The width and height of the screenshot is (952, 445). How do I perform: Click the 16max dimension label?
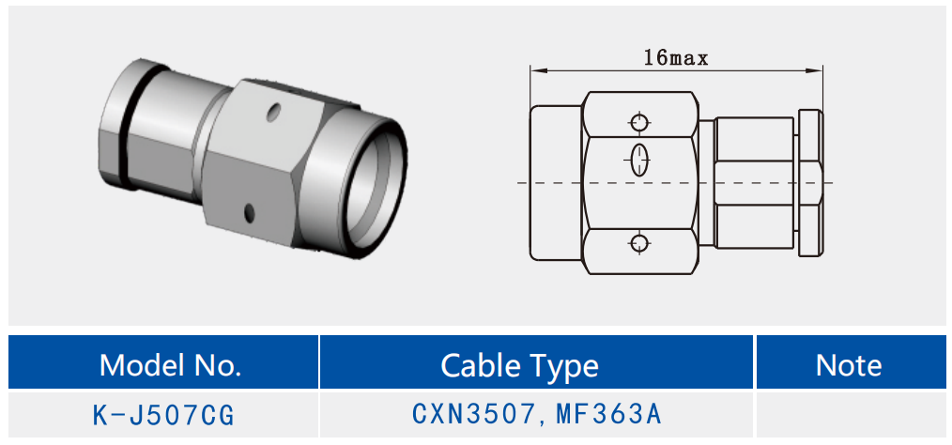point(676,58)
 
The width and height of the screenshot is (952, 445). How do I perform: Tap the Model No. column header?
point(170,365)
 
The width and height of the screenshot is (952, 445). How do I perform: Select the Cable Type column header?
point(519,365)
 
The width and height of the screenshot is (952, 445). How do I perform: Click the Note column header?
point(849,365)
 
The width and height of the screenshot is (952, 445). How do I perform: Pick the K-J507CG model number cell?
point(163,416)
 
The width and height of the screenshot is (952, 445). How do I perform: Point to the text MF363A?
point(608,414)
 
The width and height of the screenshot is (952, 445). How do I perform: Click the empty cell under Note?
point(850,415)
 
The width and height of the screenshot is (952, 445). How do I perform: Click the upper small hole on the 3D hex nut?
point(275,111)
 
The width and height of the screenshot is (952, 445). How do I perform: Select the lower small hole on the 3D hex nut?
point(248,212)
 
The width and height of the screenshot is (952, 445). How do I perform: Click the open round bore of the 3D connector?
point(372,189)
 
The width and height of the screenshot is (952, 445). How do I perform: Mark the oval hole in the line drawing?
point(638,160)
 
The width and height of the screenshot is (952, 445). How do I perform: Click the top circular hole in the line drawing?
point(638,123)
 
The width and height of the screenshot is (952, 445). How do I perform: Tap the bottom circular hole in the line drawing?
point(638,243)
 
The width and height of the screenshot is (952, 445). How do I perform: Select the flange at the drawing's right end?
point(810,183)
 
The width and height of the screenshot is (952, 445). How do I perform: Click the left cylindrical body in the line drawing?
point(556,183)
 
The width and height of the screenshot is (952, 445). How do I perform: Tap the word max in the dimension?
point(689,59)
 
